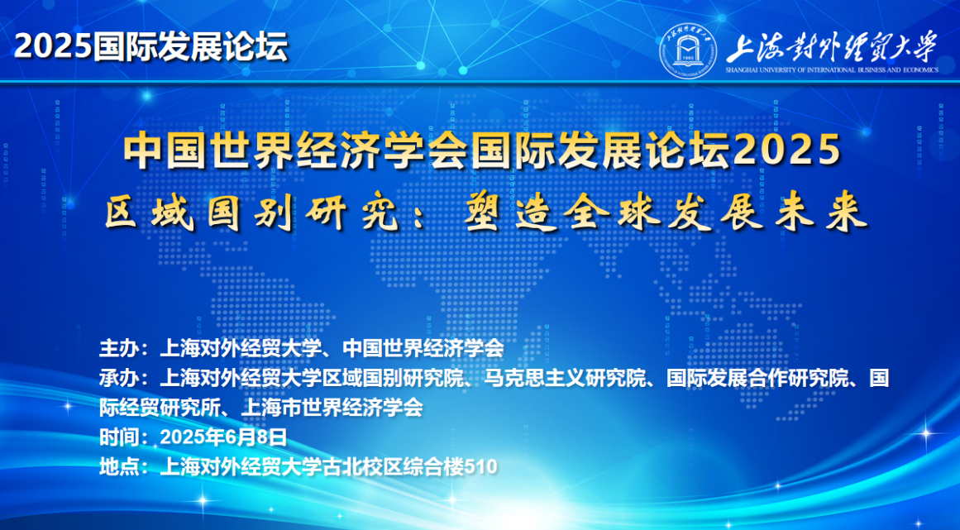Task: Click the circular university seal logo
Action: click(688, 50)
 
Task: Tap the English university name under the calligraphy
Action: click(832, 69)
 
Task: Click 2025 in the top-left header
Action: click(53, 46)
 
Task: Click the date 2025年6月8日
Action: click(223, 437)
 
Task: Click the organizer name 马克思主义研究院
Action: click(564, 378)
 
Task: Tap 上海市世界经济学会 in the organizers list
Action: click(332, 407)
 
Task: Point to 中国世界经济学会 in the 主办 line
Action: click(423, 348)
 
